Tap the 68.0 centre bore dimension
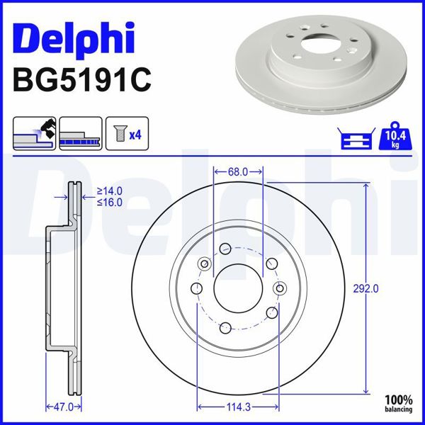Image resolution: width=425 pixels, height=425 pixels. [238, 171]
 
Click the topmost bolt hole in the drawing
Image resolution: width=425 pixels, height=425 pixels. [225, 249]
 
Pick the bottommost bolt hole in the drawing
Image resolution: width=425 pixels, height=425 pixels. [225, 327]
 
